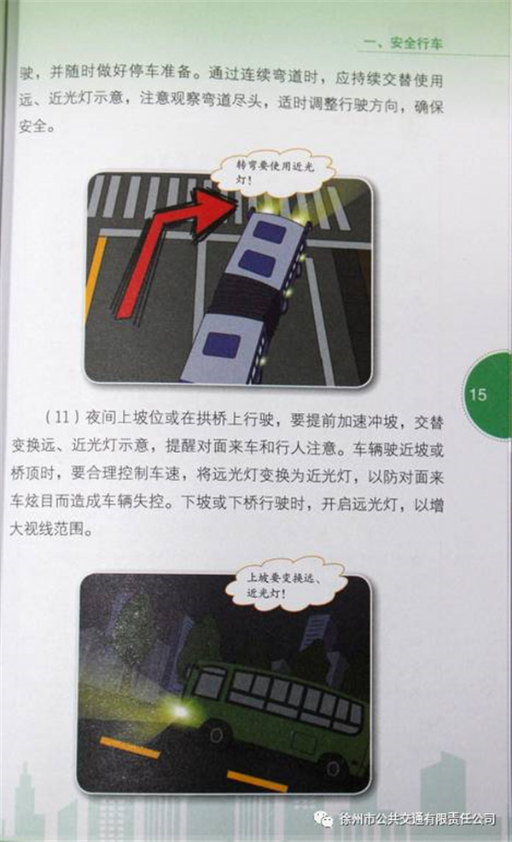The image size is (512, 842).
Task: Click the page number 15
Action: click(477, 395)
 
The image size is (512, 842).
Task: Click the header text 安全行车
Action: click(416, 43)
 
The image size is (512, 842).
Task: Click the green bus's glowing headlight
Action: click(180, 712)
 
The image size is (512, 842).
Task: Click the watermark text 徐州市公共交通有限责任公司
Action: click(417, 820)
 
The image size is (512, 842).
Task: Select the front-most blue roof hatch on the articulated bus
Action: click(270, 232)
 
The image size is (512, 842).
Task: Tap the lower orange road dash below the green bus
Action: click(257, 781)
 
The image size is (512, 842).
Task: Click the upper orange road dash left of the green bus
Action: click(130, 747)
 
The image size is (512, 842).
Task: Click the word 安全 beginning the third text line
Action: click(33, 127)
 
